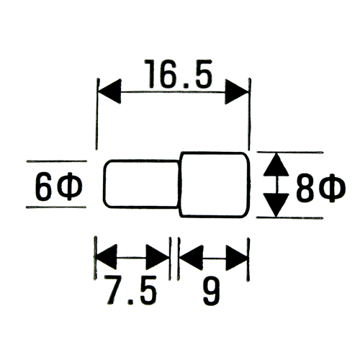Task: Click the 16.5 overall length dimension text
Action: tap(179, 73)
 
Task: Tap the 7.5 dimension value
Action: tap(130, 290)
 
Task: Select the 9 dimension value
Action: tap(211, 291)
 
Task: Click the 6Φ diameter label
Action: tap(59, 186)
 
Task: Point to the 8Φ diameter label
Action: tap(320, 188)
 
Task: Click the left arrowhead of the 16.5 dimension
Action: tap(109, 91)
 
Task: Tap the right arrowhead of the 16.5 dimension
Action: tap(236, 91)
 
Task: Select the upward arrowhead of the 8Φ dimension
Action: tap(276, 164)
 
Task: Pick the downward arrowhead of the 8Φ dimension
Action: tap(276, 204)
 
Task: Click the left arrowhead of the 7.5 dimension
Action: tap(106, 257)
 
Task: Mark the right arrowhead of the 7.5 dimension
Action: tap(158, 257)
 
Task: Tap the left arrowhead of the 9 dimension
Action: tap(192, 258)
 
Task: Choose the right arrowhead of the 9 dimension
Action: tap(236, 258)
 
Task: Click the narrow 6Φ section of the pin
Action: tap(141, 184)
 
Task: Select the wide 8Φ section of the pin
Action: tap(215, 184)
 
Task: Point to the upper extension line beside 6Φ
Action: tap(56, 161)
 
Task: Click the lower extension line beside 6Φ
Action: tap(56, 207)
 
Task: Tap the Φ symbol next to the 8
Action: tap(333, 189)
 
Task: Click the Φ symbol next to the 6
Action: tap(70, 186)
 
